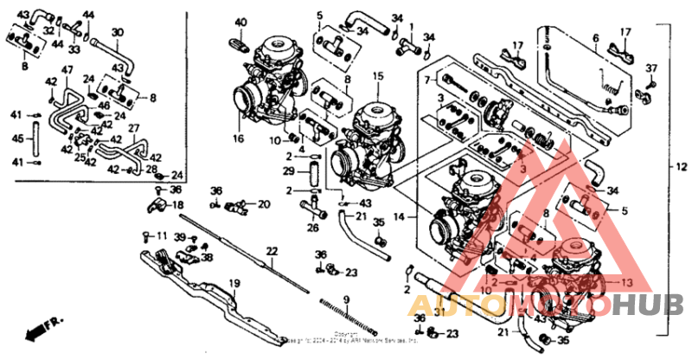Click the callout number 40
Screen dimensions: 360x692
tap(240, 22)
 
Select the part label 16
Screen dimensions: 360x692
tap(239, 138)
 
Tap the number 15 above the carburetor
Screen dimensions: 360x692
tap(377, 77)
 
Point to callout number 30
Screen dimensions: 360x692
tap(118, 32)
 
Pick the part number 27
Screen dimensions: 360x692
tap(133, 128)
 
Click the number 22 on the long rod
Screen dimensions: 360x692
tap(272, 251)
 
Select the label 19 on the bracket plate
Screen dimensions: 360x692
tap(234, 283)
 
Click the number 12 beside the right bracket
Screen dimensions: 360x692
tap(681, 164)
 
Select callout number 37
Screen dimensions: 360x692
tap(652, 67)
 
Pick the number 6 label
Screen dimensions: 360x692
tap(595, 37)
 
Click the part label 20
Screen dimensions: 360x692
tap(264, 204)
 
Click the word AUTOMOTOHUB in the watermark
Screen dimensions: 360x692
tap(545, 305)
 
